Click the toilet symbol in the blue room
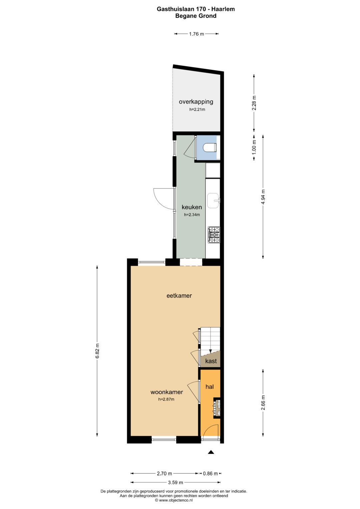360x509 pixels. point(210,148)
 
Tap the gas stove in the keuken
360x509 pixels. point(214,235)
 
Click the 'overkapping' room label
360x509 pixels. point(196,102)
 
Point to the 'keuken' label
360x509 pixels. point(192,207)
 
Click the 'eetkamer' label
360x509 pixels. point(179,296)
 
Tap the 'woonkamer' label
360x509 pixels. point(167,392)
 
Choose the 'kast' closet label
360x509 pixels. point(211,361)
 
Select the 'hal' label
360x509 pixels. point(210,387)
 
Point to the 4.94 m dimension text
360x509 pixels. point(263,197)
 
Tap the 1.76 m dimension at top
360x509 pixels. point(197,34)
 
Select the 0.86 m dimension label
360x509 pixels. point(210,474)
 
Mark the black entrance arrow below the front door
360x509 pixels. point(211,452)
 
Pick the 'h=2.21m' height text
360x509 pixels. point(197,109)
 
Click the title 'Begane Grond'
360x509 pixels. point(196,16)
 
